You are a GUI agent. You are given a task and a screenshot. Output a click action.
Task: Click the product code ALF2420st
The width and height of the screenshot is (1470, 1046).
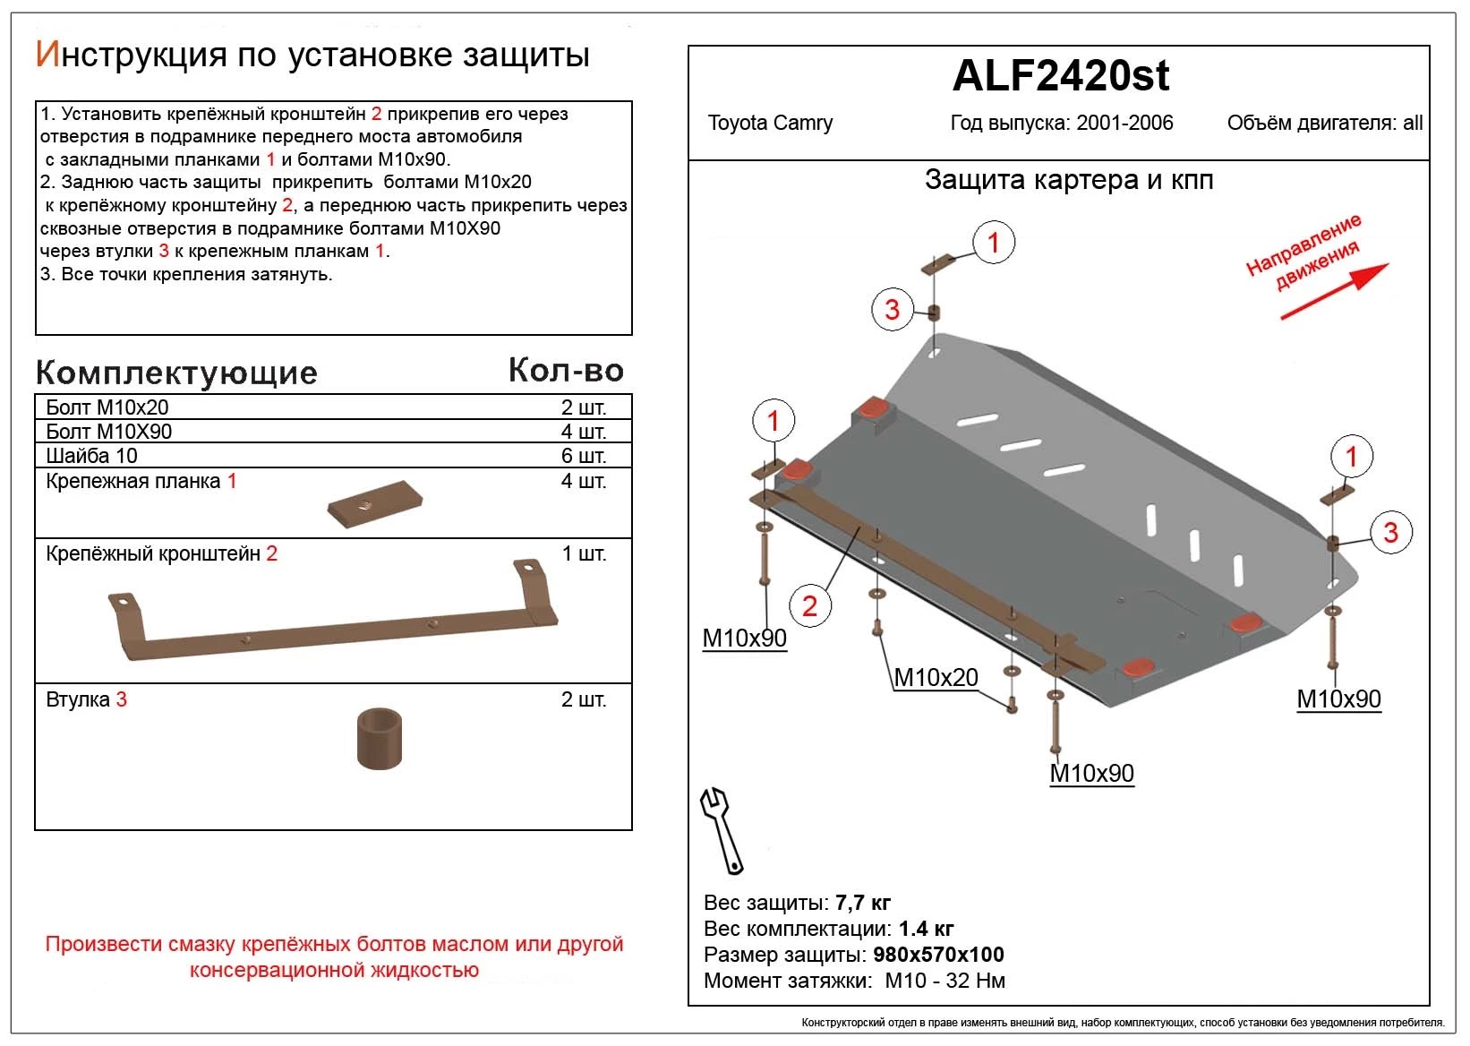[1060, 77]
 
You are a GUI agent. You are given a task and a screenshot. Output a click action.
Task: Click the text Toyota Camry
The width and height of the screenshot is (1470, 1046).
[770, 124]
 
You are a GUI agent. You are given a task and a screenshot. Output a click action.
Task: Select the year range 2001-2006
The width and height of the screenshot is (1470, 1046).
[1124, 124]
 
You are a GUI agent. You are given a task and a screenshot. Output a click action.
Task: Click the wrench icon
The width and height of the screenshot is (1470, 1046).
[721, 829]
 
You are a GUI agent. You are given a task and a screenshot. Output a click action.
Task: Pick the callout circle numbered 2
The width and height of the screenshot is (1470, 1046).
[809, 606]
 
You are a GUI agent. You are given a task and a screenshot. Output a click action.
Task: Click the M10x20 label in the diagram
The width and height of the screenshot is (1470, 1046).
[936, 678]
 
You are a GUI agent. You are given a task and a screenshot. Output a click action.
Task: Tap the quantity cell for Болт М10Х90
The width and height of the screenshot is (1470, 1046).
[583, 432]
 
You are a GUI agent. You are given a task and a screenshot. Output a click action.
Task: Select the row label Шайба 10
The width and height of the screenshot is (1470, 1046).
[91, 456]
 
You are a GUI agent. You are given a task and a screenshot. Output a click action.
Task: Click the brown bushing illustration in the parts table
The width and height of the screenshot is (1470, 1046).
[379, 739]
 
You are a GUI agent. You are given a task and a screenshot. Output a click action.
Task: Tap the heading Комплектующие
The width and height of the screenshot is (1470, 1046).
[176, 373]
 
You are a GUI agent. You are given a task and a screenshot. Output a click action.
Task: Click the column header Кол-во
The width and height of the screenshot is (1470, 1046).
[566, 370]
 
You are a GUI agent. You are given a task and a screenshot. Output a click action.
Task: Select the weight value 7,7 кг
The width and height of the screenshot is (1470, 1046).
[862, 903]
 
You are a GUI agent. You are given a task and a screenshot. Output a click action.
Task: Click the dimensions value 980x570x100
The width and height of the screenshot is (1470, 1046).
[938, 955]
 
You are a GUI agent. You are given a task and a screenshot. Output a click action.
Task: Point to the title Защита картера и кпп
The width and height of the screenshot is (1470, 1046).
[1069, 180]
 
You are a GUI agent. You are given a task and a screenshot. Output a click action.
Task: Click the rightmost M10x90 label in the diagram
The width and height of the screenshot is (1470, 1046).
[1338, 699]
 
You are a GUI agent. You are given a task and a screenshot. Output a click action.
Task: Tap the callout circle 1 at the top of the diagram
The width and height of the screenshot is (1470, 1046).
[993, 243]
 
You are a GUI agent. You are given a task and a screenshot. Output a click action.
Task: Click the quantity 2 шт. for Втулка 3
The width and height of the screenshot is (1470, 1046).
[583, 699]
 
